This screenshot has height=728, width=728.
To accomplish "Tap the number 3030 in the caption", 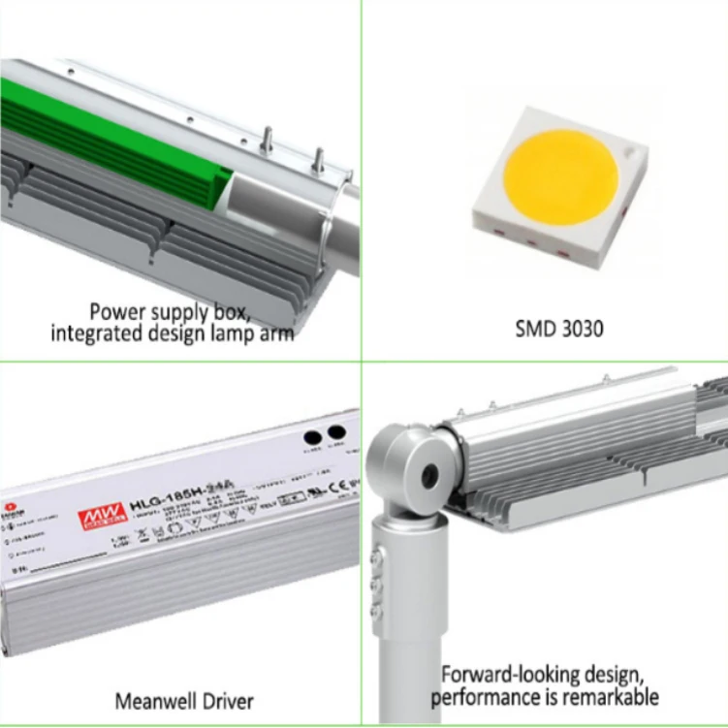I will pyautogui.click(x=582, y=329).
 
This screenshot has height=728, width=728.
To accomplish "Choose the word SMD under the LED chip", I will pyautogui.click(x=536, y=329).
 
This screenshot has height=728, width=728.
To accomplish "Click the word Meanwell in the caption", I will pyautogui.click(x=152, y=700).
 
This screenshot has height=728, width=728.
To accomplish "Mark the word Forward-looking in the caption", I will pyautogui.click(x=504, y=675).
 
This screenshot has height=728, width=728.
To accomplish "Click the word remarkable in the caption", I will pyautogui.click(x=612, y=696).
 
